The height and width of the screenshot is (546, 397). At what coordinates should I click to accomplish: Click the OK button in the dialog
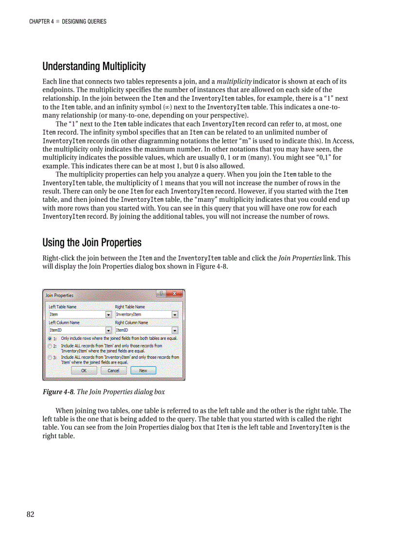click(x=84, y=370)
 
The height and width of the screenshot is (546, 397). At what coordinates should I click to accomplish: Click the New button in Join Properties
click(x=143, y=370)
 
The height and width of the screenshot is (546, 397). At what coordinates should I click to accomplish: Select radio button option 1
click(x=50, y=338)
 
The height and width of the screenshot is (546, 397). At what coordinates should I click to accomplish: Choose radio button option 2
click(x=50, y=346)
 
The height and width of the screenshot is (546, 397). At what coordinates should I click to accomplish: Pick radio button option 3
click(x=50, y=357)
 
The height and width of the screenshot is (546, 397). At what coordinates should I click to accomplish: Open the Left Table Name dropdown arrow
click(x=108, y=315)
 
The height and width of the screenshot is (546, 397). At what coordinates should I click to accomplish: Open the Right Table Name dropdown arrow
click(x=175, y=315)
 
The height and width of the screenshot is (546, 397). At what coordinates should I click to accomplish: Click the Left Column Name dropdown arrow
click(x=108, y=330)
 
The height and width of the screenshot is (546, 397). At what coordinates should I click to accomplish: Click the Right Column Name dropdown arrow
click(x=175, y=330)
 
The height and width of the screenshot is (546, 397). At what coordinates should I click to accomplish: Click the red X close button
click(x=175, y=294)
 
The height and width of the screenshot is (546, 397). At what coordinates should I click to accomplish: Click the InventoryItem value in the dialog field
click(x=128, y=315)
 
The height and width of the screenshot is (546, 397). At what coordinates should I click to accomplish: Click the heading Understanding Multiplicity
click(x=94, y=66)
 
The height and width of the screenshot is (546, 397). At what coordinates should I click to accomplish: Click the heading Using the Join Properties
click(x=92, y=242)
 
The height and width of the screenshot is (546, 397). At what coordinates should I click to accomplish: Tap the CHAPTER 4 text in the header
click(x=41, y=21)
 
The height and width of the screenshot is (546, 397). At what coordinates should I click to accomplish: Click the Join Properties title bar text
click(x=59, y=295)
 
